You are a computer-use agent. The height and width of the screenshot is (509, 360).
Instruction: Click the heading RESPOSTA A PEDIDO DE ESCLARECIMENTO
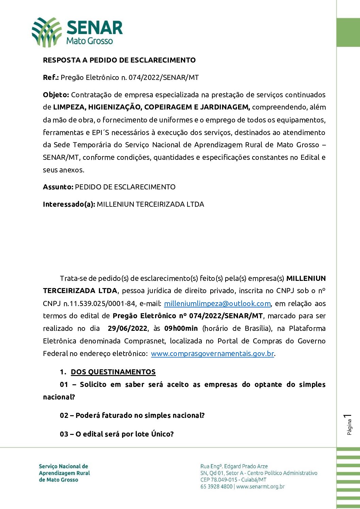(x=119, y=60)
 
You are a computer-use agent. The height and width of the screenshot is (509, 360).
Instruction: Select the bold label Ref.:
(x=51, y=78)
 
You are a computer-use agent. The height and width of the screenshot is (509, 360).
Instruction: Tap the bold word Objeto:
(x=56, y=95)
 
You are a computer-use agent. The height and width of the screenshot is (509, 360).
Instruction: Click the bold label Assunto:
(x=58, y=187)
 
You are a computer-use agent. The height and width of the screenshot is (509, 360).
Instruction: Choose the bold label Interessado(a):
(x=69, y=204)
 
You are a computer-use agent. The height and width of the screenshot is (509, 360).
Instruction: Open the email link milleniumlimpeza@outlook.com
(x=217, y=304)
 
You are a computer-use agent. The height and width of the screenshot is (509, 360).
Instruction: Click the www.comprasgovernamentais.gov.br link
(x=212, y=354)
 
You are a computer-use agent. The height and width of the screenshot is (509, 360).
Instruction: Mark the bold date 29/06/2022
(x=128, y=328)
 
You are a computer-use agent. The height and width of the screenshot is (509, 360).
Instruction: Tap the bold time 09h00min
(x=181, y=328)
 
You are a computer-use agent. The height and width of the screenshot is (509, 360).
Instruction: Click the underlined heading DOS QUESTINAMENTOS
(x=113, y=372)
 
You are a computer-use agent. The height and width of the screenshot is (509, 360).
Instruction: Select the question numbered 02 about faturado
(x=132, y=415)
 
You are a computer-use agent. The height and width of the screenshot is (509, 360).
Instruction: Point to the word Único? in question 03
(x=162, y=434)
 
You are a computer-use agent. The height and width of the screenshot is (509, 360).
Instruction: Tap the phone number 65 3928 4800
(x=216, y=487)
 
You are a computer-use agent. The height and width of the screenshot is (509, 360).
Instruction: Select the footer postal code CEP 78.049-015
(x=219, y=480)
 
